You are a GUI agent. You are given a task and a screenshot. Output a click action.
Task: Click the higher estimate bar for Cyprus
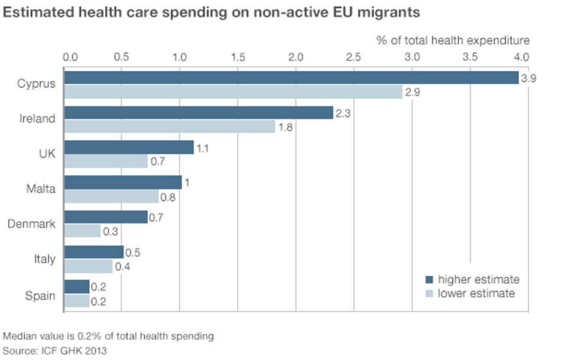click(291, 78)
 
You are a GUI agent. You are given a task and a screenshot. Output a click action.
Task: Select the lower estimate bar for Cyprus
click(233, 92)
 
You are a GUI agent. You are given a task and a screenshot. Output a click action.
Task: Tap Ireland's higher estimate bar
click(198, 113)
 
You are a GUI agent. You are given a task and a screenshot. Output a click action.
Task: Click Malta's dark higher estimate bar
click(122, 183)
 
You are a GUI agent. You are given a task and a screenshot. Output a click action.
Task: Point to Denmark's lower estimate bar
click(82, 231)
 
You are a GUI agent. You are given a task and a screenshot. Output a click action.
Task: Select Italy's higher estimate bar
click(93, 252)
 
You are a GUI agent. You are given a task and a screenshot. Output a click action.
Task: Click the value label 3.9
click(529, 78)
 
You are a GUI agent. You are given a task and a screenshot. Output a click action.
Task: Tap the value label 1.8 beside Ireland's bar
click(286, 127)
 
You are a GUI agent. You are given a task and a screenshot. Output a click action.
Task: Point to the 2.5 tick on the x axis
click(354, 57)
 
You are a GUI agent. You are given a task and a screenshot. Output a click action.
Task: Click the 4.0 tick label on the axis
click(521, 57)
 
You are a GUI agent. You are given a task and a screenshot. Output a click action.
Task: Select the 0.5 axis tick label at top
click(121, 57)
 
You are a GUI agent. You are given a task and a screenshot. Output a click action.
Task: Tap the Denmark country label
click(31, 224)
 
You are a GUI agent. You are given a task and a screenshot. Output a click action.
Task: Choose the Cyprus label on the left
click(37, 84)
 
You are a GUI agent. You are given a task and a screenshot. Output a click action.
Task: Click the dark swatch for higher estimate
click(430, 280)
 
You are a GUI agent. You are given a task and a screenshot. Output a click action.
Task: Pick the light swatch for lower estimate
click(430, 293)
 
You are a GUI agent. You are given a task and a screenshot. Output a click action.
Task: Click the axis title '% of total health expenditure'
click(453, 40)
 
